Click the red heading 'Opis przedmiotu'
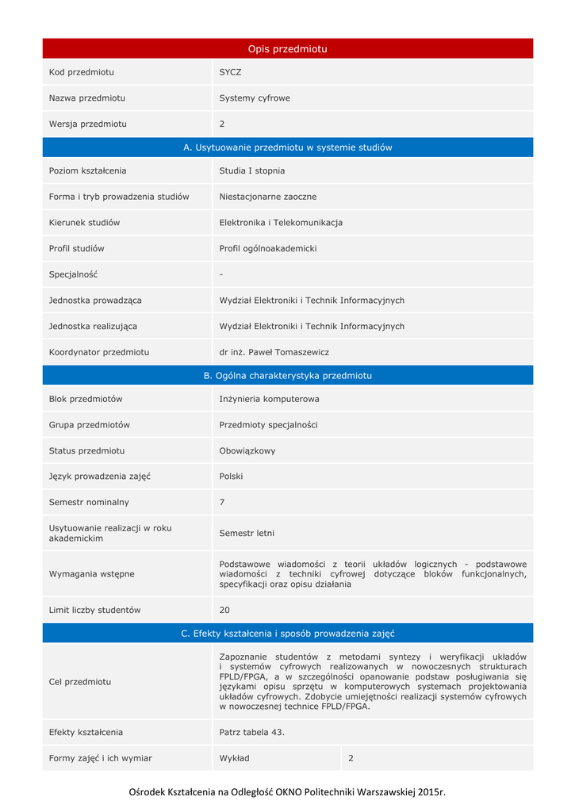(x=287, y=49)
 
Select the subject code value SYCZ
(x=230, y=72)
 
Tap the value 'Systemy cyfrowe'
(x=255, y=98)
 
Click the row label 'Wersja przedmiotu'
(x=88, y=124)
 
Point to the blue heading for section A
(x=287, y=147)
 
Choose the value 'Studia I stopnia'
(x=252, y=170)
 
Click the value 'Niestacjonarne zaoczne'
(x=268, y=197)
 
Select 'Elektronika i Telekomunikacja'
(x=281, y=223)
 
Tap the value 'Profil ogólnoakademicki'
(x=268, y=248)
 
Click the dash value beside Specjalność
(x=221, y=274)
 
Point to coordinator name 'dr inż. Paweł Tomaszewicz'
(x=274, y=352)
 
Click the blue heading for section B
(x=287, y=376)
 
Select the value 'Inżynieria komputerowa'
(x=269, y=399)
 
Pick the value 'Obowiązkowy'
(x=247, y=450)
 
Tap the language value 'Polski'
(x=232, y=477)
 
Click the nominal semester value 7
(x=222, y=502)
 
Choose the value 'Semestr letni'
(x=247, y=533)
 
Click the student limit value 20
(x=224, y=610)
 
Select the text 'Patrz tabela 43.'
(x=252, y=732)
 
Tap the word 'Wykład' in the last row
(x=235, y=758)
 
